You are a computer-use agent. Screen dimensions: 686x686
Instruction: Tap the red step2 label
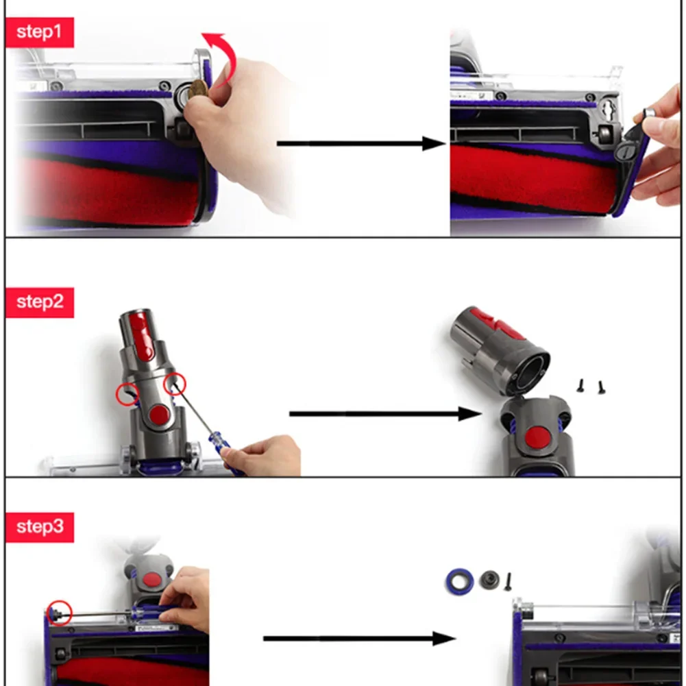point(40,302)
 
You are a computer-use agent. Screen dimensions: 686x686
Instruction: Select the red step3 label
point(40,527)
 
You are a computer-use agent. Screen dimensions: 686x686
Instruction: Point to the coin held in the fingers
point(199,92)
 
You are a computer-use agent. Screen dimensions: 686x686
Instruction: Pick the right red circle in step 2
point(174,384)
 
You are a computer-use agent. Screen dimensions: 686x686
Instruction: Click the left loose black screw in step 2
point(581,387)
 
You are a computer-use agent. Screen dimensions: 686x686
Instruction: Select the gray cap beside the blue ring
point(489,580)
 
